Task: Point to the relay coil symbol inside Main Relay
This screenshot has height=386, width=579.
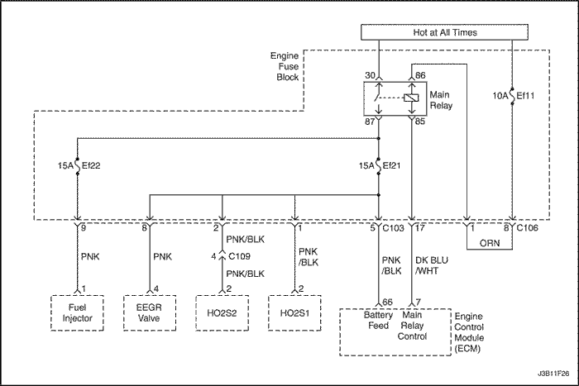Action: (x=411, y=98)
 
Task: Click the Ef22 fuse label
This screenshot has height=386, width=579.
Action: (x=91, y=165)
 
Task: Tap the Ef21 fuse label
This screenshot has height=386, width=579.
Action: (x=391, y=165)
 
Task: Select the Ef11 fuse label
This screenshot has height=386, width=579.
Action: (x=525, y=96)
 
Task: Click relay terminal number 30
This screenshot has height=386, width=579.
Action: (x=370, y=75)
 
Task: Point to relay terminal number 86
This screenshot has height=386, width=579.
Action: (x=420, y=75)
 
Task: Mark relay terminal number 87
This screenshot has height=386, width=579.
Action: (x=370, y=122)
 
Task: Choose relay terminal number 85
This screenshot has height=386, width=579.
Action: (x=420, y=122)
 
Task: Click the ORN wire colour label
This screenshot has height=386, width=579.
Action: (x=490, y=243)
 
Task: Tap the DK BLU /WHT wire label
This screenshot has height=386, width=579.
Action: (x=431, y=265)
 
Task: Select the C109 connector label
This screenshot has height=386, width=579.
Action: (x=239, y=255)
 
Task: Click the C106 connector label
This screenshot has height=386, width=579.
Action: (x=528, y=228)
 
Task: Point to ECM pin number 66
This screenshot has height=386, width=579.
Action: (x=387, y=302)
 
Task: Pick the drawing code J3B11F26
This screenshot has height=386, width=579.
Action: (x=553, y=374)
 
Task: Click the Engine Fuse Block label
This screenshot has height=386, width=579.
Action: (x=285, y=66)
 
